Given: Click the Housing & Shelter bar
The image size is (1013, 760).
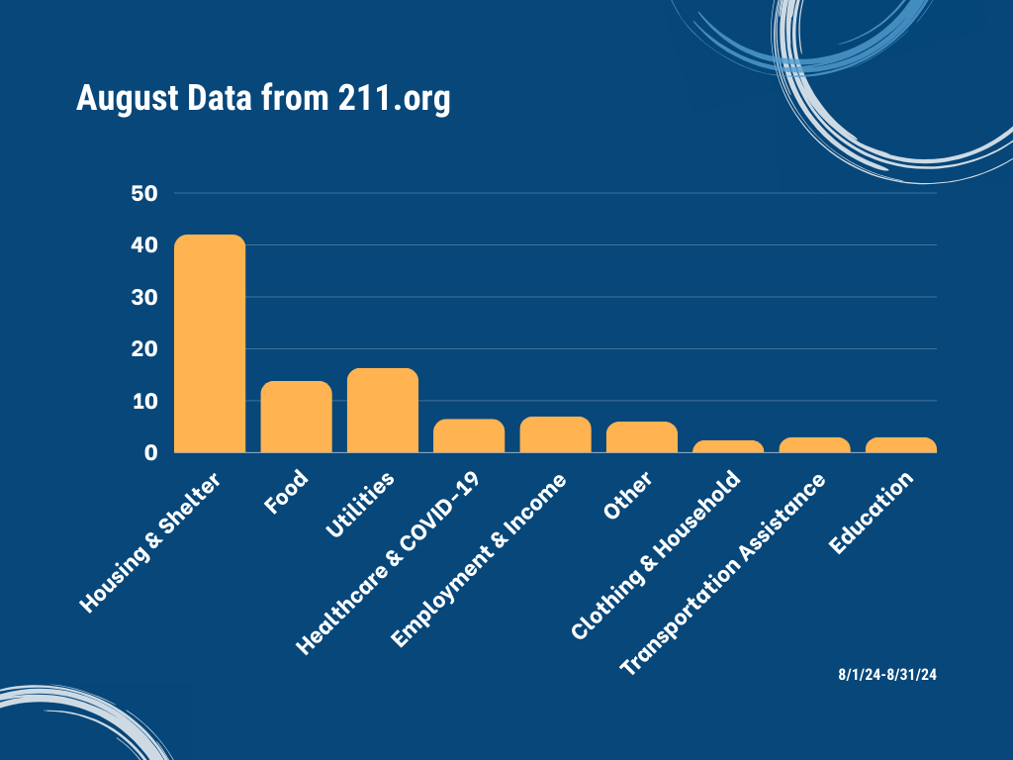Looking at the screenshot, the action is coord(210,343).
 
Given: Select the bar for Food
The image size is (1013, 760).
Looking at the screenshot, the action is coord(297,417).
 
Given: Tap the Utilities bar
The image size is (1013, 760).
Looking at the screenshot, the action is coord(383,411).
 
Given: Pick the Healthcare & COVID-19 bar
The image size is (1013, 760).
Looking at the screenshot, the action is coord(469,435).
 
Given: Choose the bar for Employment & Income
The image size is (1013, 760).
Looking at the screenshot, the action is coord(556,434).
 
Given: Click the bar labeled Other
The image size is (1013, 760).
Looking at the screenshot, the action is coord(642,436).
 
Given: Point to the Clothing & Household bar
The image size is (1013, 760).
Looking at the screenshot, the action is coord(728,446).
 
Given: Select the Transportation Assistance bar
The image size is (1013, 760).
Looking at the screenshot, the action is coord(815,445).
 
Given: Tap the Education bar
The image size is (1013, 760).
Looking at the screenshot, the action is coord(901,445).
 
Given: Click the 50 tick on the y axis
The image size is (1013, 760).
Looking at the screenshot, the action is coord(144,193).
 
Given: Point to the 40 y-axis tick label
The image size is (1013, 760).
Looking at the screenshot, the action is coord(144,245).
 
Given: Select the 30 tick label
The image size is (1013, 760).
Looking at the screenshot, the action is coord(144,297).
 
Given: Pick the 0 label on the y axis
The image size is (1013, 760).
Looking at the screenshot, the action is coord(151,453).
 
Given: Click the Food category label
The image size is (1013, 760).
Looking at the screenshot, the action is coord(286,492).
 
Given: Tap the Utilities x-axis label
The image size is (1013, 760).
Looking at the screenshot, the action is coord(360,505).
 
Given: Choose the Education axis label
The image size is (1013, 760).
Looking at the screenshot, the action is coord(871,513).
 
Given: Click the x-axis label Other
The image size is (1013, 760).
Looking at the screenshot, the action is coord(627,495).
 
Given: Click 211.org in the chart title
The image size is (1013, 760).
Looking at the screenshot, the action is coord(394,99).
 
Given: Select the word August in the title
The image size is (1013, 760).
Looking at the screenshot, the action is coord(128,99).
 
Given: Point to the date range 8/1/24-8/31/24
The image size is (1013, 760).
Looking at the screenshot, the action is coord(887,675).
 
